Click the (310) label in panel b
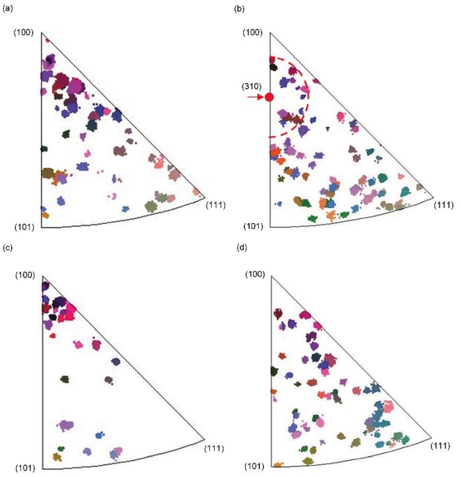[253, 86]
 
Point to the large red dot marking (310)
[269, 97]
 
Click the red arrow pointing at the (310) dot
[255, 97]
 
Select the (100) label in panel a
[23, 32]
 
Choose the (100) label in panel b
[253, 32]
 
